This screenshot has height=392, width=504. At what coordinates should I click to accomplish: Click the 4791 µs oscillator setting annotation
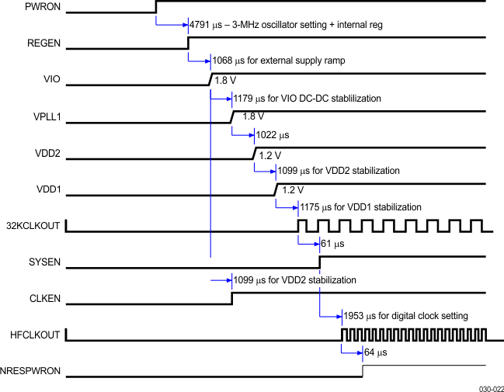click(x=286, y=25)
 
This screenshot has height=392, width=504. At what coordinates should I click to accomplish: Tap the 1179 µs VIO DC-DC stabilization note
click(x=307, y=99)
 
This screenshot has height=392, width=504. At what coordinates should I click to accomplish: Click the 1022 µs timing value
click(x=272, y=134)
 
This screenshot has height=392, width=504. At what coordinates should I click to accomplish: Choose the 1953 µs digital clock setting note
click(x=405, y=316)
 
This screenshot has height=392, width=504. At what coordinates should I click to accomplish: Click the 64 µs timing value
click(x=376, y=352)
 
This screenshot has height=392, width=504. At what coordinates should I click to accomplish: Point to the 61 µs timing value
click(x=332, y=244)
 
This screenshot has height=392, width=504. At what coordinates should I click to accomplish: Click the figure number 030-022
click(x=489, y=385)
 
